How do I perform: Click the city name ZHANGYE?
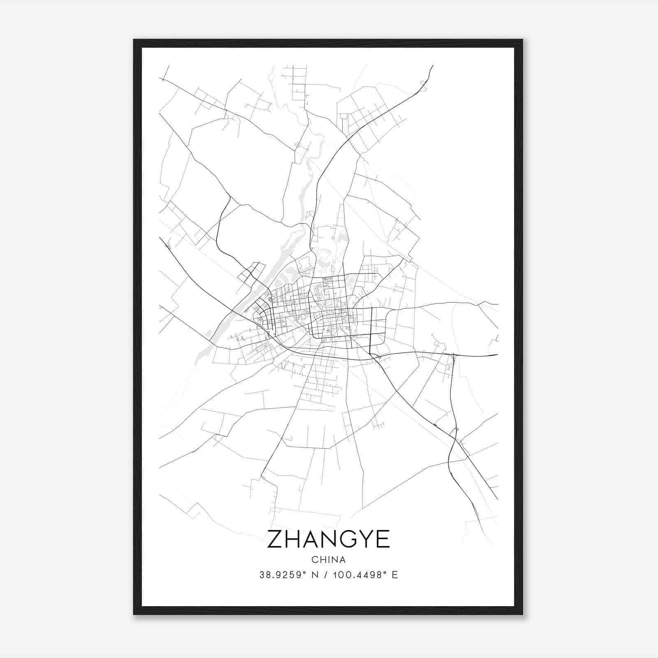pyautogui.click(x=329, y=539)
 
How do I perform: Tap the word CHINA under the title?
pyautogui.click(x=329, y=560)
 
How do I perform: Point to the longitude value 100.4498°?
pyautogui.click(x=359, y=575)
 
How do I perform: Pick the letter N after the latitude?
pyautogui.click(x=315, y=575)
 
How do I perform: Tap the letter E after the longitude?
pyautogui.click(x=395, y=575)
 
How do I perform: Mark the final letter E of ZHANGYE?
pyautogui.click(x=383, y=539)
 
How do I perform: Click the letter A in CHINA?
pyautogui.click(x=343, y=560)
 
